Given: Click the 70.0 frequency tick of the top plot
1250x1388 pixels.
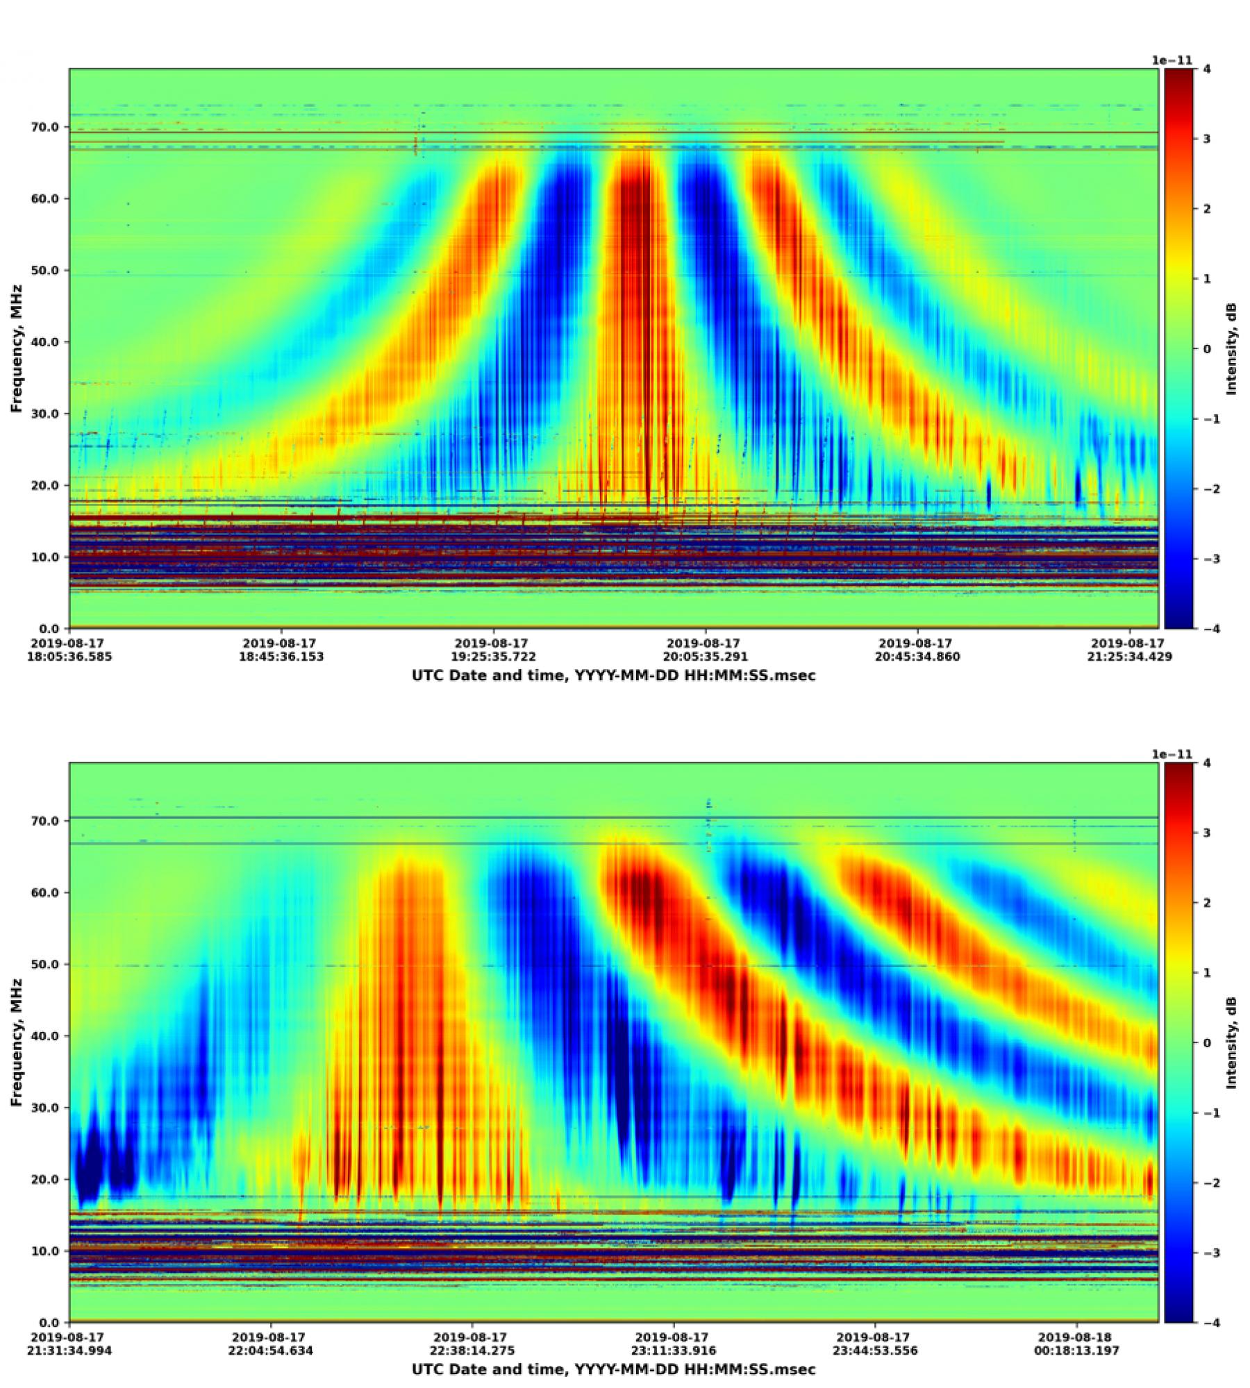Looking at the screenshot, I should click(49, 127).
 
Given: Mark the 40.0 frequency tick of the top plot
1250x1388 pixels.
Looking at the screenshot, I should click(49, 342).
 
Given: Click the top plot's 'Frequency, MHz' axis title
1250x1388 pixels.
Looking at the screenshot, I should click(17, 348).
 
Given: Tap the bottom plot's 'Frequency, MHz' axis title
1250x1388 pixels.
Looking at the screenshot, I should click(17, 1042).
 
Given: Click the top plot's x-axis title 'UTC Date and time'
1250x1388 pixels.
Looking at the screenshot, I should click(614, 675).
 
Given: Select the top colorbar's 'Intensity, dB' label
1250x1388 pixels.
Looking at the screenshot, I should click(1232, 348).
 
